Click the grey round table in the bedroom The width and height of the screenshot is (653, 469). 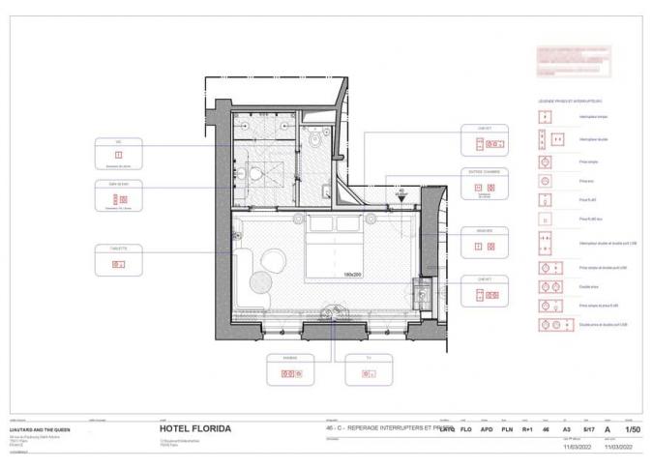tap(261, 281)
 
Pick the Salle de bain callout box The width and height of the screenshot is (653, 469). tap(118, 195)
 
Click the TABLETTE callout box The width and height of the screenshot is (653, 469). tap(118, 260)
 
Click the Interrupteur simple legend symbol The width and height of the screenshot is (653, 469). tap(545, 117)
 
